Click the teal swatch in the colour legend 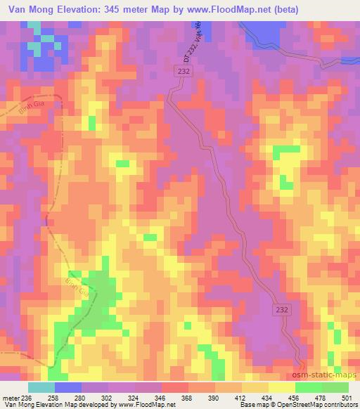point(41,387)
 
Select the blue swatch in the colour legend point(68,387)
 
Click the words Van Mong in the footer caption point(17,405)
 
